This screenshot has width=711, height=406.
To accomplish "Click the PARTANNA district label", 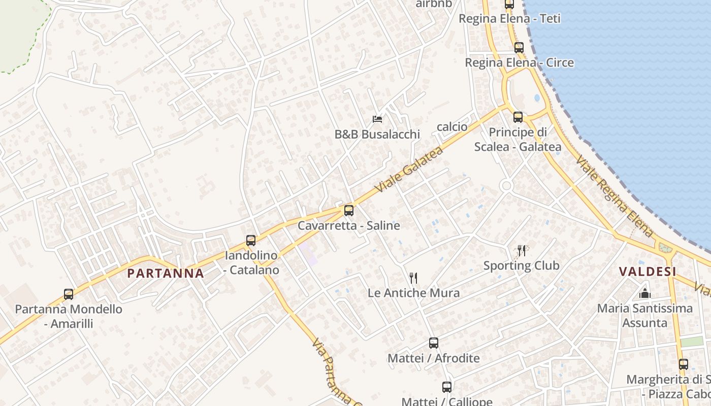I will (x=166, y=273).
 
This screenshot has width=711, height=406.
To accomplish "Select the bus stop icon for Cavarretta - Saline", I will (x=348, y=210).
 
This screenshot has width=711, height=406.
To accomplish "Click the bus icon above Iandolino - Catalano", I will (x=250, y=241).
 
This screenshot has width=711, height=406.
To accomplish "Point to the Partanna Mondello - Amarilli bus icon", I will (x=69, y=294).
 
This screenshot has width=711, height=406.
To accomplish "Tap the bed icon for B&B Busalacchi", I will (x=377, y=119).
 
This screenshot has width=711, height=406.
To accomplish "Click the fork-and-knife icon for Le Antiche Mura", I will (x=413, y=278).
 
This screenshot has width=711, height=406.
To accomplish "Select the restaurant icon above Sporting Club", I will (x=521, y=250).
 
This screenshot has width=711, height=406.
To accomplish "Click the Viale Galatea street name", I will (x=409, y=169).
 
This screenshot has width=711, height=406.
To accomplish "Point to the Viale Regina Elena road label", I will (x=615, y=196).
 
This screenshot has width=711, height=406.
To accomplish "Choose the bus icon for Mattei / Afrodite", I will (x=433, y=343).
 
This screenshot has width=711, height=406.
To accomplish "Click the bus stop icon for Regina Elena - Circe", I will (x=519, y=48).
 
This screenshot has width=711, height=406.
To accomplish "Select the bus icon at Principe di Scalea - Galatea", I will (x=518, y=117).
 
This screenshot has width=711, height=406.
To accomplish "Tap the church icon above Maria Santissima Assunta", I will (x=644, y=293).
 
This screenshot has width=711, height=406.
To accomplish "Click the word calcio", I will (x=452, y=127).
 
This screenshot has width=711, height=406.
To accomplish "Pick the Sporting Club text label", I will (x=521, y=265).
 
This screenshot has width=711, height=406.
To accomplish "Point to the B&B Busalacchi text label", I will (x=377, y=134).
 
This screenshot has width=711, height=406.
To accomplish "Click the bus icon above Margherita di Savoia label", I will (x=684, y=364).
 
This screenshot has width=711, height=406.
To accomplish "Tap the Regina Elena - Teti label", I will (x=509, y=19).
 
